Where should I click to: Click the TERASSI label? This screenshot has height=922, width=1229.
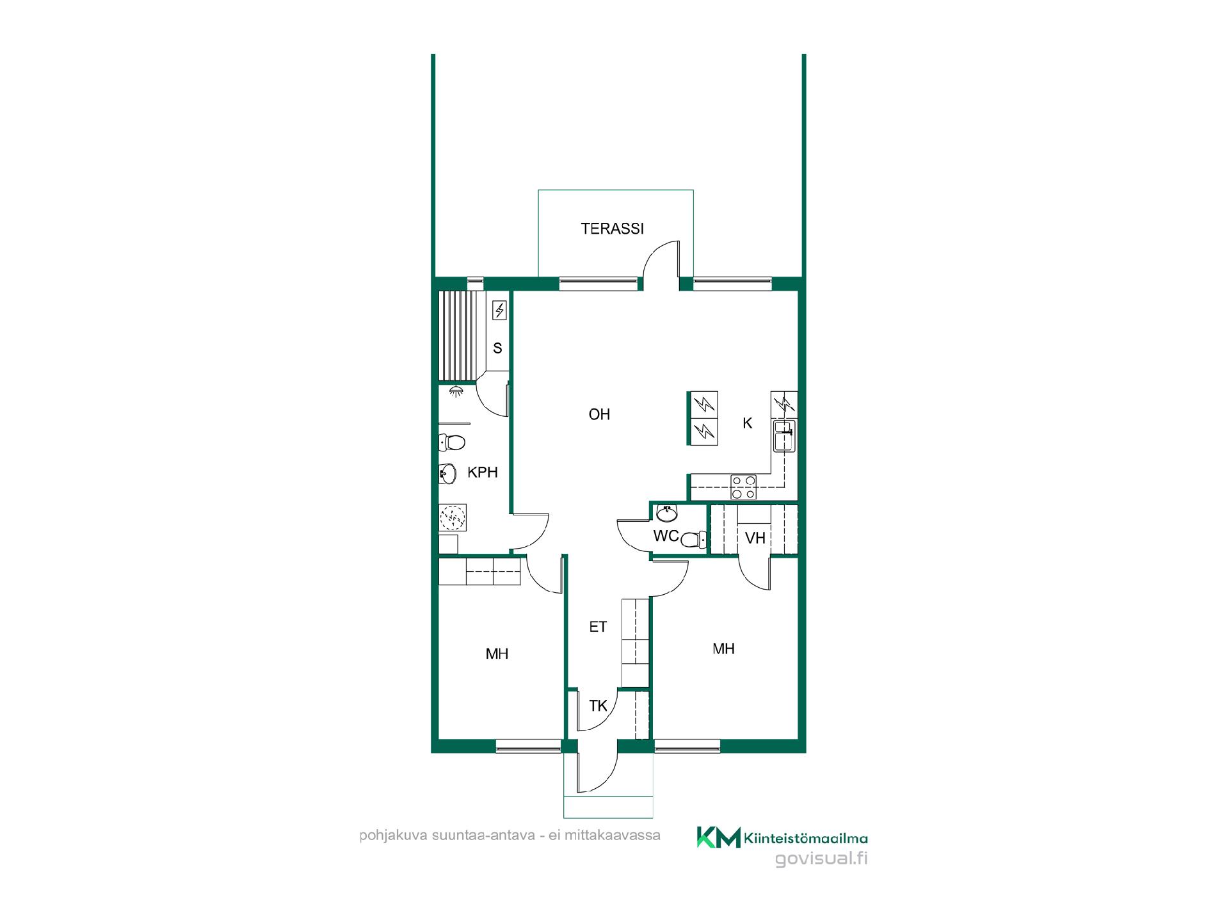(x=612, y=229)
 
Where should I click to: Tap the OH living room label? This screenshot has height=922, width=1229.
(x=599, y=415)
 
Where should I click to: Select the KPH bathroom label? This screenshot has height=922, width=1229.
(x=482, y=473)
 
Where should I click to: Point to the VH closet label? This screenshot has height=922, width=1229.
(x=755, y=538)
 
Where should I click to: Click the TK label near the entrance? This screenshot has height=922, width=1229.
(x=598, y=706)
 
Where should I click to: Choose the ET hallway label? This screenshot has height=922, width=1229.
(x=598, y=627)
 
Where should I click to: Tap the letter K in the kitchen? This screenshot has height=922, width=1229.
(x=747, y=423)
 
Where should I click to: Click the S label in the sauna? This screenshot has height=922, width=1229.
(x=497, y=348)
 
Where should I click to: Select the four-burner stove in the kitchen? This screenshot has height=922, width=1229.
(x=744, y=487)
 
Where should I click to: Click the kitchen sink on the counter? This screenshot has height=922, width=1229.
(x=784, y=437)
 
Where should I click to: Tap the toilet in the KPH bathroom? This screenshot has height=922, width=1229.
(x=452, y=442)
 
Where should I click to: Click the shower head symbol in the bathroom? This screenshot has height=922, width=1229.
(x=456, y=392)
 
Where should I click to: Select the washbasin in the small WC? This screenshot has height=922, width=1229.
(x=667, y=512)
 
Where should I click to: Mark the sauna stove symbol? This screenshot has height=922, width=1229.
(x=499, y=311)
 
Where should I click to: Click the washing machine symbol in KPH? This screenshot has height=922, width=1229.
(x=453, y=518)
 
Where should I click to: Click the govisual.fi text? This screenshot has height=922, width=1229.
(x=821, y=859)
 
